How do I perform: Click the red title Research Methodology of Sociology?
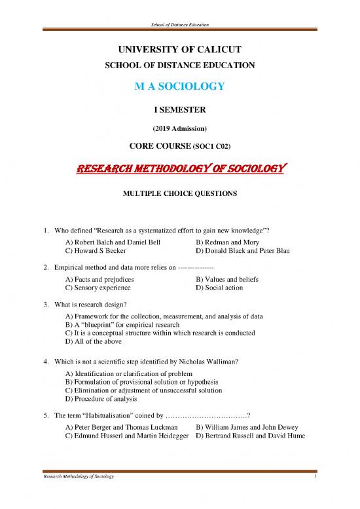tap(180, 169)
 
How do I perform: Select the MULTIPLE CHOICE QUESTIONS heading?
tap(180, 194)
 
